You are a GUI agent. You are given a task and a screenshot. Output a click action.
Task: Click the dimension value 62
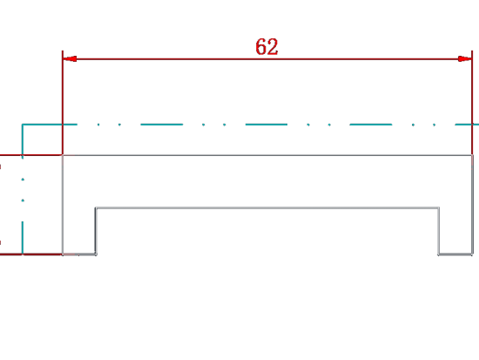click(266, 47)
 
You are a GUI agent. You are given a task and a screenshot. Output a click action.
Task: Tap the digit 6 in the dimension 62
click(261, 47)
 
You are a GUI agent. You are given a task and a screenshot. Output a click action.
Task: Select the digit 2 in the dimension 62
click(273, 47)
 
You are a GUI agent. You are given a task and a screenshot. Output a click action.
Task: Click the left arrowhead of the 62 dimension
click(70, 59)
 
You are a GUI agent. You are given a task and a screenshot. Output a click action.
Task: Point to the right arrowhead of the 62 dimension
click(465, 59)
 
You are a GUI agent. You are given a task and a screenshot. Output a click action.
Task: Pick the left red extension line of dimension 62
click(63, 103)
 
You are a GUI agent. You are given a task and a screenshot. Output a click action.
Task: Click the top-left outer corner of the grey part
click(63, 155)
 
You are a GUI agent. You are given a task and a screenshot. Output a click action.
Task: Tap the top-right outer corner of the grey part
click(472, 155)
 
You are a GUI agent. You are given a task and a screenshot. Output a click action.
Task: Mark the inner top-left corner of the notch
click(96, 208)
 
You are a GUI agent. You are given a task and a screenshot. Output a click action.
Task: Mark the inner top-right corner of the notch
click(439, 208)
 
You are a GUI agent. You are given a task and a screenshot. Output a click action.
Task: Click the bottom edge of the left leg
click(79, 255)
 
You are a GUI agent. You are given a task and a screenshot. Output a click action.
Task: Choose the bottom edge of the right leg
click(455, 255)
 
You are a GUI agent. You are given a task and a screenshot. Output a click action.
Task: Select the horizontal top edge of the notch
click(267, 208)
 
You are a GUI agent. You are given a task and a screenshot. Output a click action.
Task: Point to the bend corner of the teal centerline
click(23, 125)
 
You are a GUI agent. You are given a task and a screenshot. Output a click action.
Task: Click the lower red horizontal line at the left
click(30, 255)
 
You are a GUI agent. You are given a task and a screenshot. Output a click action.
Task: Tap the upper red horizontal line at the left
click(30, 155)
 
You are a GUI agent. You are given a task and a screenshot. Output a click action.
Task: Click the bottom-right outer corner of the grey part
click(473, 255)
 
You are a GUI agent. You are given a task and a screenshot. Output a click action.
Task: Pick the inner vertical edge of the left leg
click(96, 231)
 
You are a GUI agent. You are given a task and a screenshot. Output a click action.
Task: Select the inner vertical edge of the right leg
click(439, 231)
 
